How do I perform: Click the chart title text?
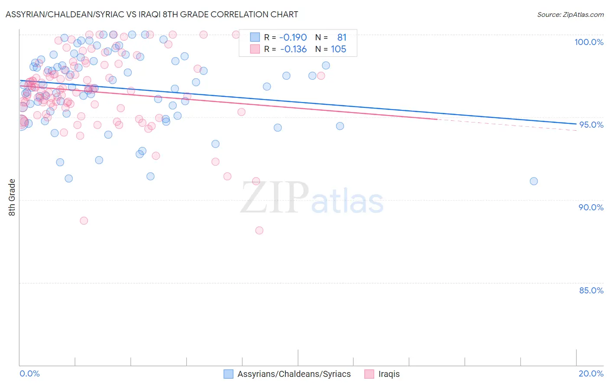(152, 14)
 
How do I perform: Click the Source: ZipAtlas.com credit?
(570, 14)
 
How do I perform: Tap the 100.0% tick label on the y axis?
(589, 42)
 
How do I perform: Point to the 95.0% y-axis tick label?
(591, 125)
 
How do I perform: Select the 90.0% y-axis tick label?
(591, 207)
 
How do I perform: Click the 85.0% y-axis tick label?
(591, 290)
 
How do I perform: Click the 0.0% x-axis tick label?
(29, 373)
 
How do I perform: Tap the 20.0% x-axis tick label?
(591, 373)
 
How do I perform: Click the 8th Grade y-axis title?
(12, 197)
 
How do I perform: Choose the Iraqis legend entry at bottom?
(389, 374)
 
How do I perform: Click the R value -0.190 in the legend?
(293, 38)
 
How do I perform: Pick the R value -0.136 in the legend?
(293, 49)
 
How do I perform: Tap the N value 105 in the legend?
(338, 49)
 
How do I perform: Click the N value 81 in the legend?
(342, 38)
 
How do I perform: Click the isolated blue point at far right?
(534, 181)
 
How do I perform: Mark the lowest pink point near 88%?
(259, 230)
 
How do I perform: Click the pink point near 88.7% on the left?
(84, 221)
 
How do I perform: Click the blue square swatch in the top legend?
(255, 38)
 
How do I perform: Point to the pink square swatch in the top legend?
(255, 49)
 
